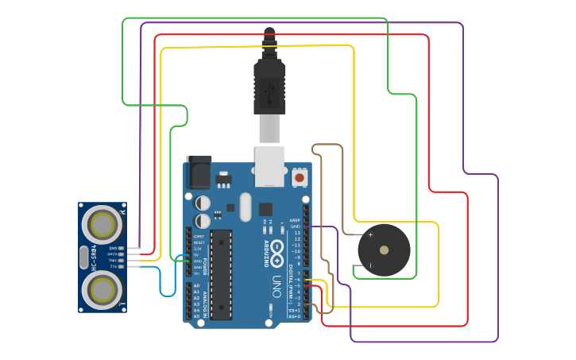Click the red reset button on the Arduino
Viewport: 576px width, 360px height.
300,177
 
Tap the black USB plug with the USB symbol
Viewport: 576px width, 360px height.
269,87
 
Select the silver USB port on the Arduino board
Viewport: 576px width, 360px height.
269,165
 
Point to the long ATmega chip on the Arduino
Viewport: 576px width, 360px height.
221,274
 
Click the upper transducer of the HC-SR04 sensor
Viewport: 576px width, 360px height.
102,225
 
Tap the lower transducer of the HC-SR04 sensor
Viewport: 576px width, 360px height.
102,291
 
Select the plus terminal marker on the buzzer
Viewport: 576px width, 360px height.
370,235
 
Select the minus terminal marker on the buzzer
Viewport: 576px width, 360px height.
370,265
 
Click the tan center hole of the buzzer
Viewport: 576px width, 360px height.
385,250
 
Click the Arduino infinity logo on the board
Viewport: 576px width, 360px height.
277,254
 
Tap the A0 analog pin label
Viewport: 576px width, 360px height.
196,285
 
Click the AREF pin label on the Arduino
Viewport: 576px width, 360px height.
295,220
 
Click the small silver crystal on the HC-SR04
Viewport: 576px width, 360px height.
84,258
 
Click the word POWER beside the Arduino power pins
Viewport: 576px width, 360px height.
204,265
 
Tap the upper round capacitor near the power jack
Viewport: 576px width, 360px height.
203,203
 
